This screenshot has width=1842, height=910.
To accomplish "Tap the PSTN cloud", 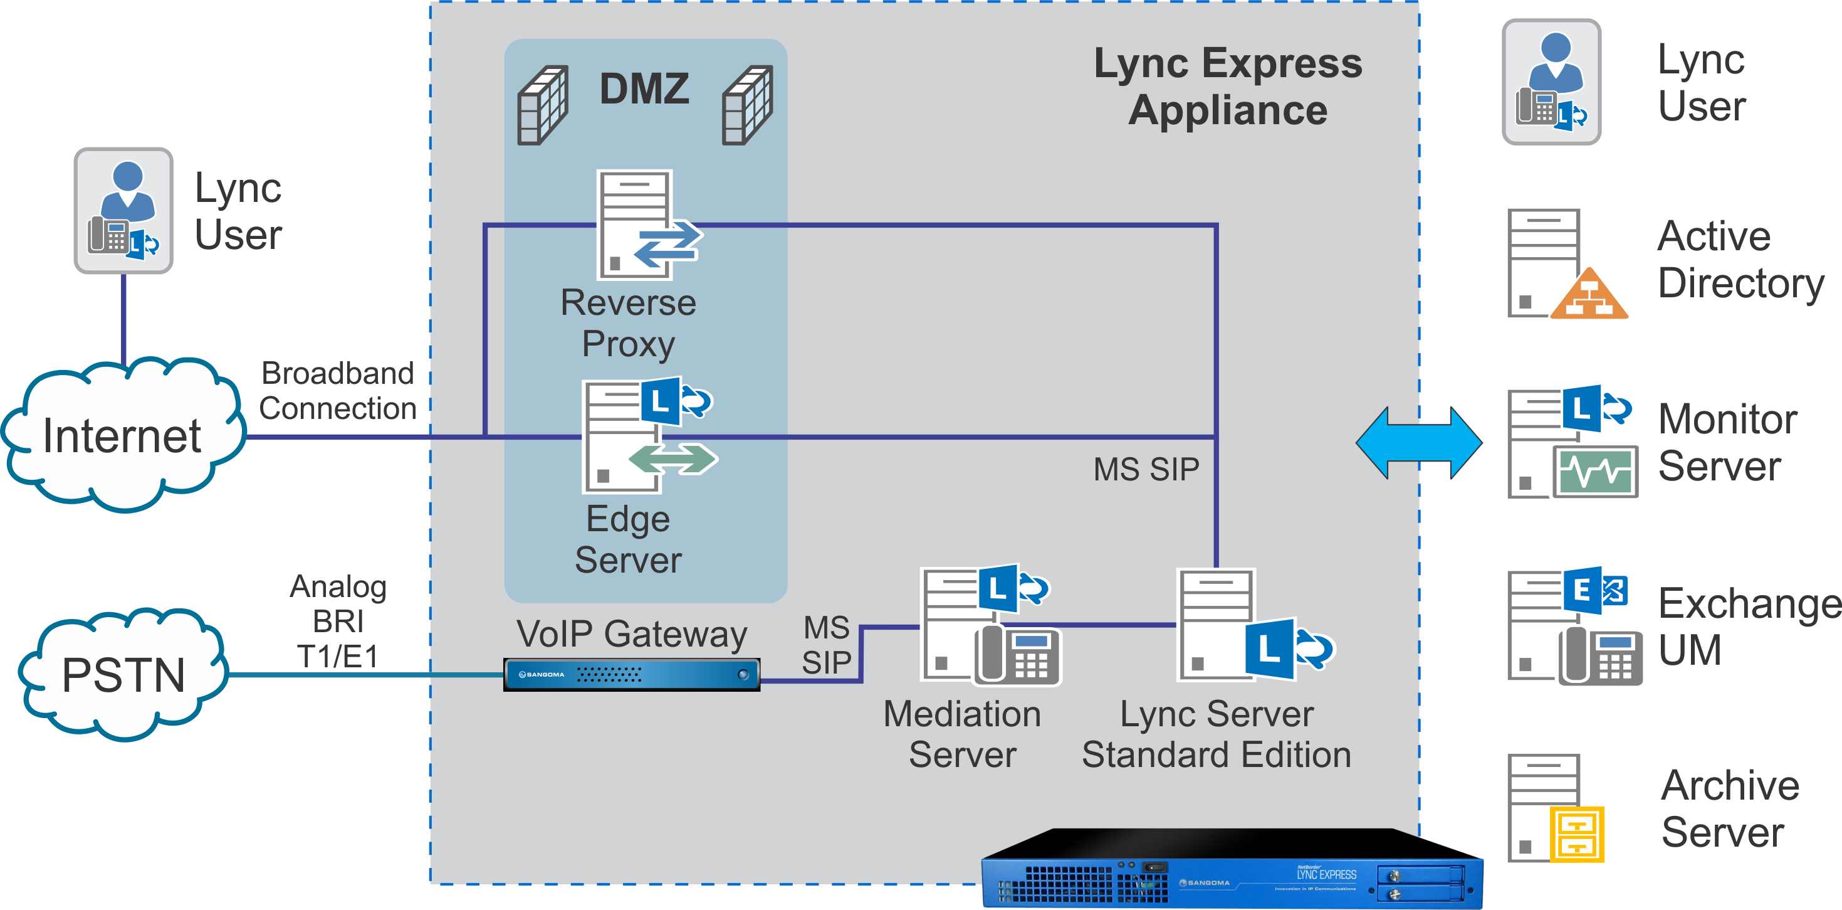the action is (123, 674).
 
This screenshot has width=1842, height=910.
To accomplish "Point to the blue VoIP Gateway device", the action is (631, 675).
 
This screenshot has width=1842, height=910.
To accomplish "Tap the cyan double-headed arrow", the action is (1419, 443).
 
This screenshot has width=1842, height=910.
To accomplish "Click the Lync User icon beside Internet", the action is (123, 210).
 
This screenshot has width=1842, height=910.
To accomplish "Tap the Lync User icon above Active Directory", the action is (1552, 82).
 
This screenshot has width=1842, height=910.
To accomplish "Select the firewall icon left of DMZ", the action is (543, 105).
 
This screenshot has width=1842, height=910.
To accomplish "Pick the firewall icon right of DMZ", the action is (747, 105).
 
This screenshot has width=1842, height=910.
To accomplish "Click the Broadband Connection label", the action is (338, 391).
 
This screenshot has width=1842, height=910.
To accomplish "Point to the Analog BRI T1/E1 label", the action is (338, 621).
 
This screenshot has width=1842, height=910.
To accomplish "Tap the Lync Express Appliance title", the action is (1228, 86).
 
